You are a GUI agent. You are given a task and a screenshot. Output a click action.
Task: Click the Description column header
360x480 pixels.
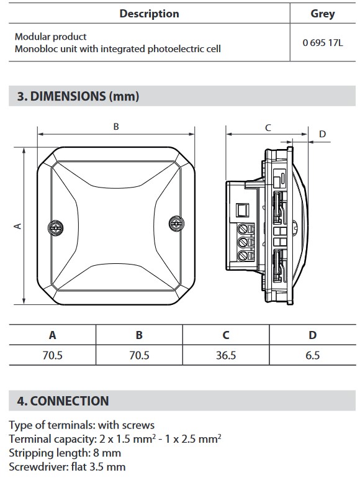point(149,14)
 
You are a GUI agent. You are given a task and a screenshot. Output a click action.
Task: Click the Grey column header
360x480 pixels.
point(323,14)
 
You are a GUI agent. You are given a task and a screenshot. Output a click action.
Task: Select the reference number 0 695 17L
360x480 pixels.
point(323,43)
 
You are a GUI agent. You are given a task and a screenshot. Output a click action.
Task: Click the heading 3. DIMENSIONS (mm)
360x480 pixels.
point(78,96)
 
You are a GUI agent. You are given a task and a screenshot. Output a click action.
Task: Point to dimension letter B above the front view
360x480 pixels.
point(116,127)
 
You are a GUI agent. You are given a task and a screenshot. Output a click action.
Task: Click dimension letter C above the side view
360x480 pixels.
point(268,127)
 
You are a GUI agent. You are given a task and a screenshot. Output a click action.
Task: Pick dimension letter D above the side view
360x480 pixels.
point(322,134)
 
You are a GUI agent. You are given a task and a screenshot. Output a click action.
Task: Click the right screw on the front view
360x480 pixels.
point(176,222)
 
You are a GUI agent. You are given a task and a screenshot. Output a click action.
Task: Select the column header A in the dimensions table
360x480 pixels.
point(53,335)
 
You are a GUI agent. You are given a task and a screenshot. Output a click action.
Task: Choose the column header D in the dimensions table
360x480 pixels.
point(313,335)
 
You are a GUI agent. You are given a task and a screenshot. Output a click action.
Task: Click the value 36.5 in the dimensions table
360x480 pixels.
point(226,355)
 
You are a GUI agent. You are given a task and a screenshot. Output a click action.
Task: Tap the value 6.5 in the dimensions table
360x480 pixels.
point(313,355)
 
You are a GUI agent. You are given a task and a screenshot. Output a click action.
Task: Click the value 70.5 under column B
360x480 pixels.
point(139,355)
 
